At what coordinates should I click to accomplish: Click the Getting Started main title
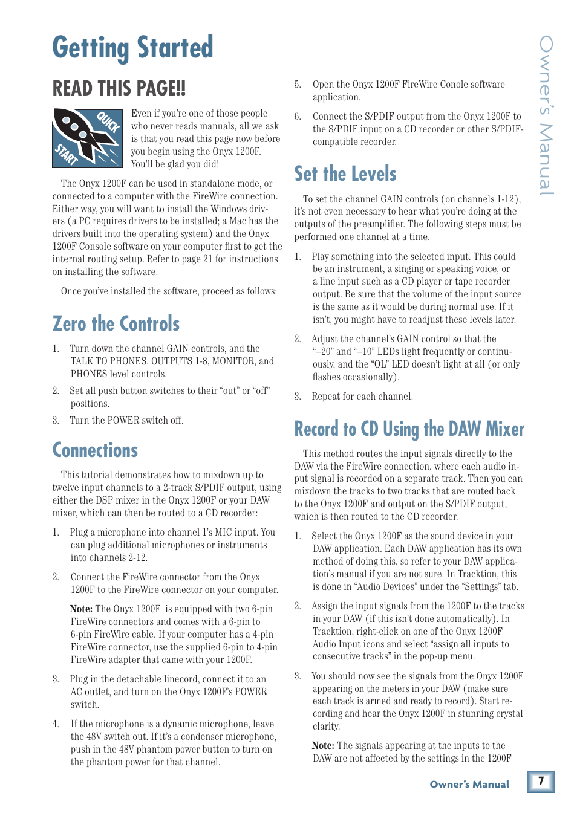pyautogui.click(x=132, y=48)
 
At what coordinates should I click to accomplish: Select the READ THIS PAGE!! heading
pyautogui.click(x=119, y=89)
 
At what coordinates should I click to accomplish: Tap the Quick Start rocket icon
pyautogui.click(x=88, y=138)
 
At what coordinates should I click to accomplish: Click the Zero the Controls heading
pyautogui.click(x=116, y=324)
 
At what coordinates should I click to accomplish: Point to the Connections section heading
pyautogui.click(x=95, y=450)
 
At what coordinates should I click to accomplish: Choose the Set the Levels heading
pyautogui.click(x=345, y=174)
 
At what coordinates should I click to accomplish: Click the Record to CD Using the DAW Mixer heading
pyautogui.click(x=409, y=429)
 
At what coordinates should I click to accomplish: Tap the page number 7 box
pyautogui.click(x=541, y=781)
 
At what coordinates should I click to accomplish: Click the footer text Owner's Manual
pyautogui.click(x=469, y=785)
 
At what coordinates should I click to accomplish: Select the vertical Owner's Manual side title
pyautogui.click(x=546, y=115)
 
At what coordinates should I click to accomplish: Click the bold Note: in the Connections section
pyautogui.click(x=81, y=609)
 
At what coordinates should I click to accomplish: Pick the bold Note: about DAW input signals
pyautogui.click(x=323, y=746)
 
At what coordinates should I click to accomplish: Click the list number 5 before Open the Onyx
pyautogui.click(x=297, y=85)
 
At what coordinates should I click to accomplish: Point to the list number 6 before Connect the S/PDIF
pyautogui.click(x=297, y=117)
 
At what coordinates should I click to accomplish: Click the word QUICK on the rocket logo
pyautogui.click(x=109, y=122)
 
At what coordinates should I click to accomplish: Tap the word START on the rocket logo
pyautogui.click(x=67, y=154)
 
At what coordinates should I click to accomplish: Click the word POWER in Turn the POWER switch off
pyautogui.click(x=124, y=421)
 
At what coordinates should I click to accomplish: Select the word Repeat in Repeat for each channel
pyautogui.click(x=325, y=397)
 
